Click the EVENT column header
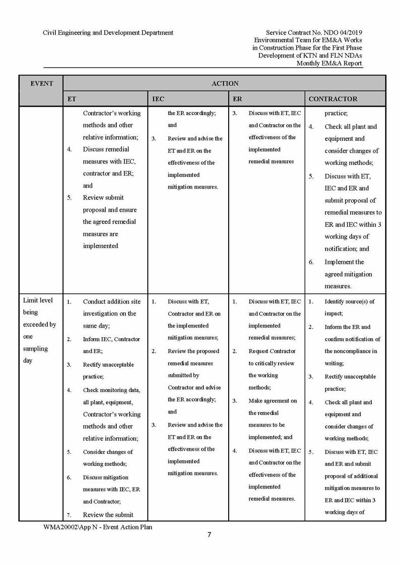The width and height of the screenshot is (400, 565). coord(41,84)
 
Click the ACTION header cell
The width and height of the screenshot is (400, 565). coord(225,84)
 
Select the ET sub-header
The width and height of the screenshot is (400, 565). coord(72,99)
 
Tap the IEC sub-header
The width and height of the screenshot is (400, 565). coord(158,99)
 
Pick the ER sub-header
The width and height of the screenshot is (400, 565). coord(237,99)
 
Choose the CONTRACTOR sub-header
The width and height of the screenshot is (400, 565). coord(332,99)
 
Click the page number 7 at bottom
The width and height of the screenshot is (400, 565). coord(209,535)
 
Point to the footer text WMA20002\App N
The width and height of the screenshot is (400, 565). coord(98,527)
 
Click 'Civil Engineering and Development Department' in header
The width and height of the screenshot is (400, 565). coord(108,33)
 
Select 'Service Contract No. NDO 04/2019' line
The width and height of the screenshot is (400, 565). coord(313,33)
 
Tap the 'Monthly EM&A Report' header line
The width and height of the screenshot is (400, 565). coord(329,63)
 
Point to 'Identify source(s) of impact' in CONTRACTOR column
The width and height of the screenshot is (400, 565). coord(349,307)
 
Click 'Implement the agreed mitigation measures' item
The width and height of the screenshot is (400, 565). coord(348,274)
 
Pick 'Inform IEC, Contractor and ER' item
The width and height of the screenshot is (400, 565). coord(111,345)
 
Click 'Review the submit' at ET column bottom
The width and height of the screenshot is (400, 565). coord(108,515)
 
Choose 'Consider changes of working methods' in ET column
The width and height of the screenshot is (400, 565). coord(107,458)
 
